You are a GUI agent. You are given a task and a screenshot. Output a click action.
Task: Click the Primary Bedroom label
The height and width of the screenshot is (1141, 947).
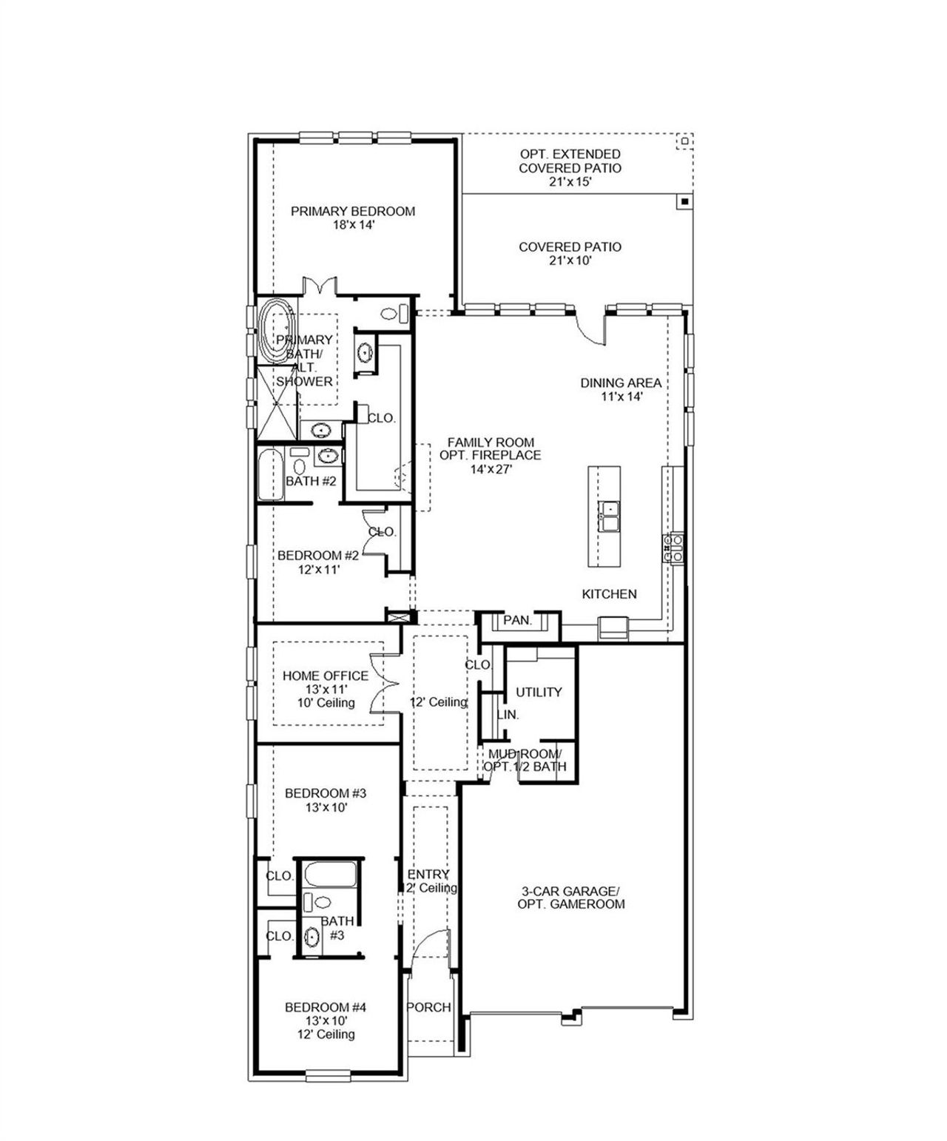tap(352, 212)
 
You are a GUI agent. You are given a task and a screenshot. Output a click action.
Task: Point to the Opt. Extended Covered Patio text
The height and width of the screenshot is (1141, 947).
tap(570, 161)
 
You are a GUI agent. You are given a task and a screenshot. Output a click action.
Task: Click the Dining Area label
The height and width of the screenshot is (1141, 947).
tap(621, 383)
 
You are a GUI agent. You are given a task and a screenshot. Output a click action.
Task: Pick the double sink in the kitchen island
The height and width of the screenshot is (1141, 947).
tap(610, 516)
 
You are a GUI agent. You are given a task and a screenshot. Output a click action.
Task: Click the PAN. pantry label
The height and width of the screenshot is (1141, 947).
tap(517, 621)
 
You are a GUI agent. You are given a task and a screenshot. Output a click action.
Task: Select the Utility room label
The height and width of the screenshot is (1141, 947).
tap(539, 692)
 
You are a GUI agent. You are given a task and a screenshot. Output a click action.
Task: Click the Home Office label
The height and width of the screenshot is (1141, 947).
tap(325, 676)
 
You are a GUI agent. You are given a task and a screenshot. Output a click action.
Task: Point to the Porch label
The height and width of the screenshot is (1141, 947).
tap(429, 1007)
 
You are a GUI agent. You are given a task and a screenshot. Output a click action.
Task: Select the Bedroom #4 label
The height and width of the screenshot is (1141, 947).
tap(326, 1007)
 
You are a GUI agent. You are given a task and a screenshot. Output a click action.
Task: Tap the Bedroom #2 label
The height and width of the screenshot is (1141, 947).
tap(317, 556)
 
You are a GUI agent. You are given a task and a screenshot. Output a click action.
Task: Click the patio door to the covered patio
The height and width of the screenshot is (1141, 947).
tap(591, 326)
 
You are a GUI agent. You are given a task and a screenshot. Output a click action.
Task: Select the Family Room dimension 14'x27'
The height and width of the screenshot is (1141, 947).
tap(490, 468)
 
